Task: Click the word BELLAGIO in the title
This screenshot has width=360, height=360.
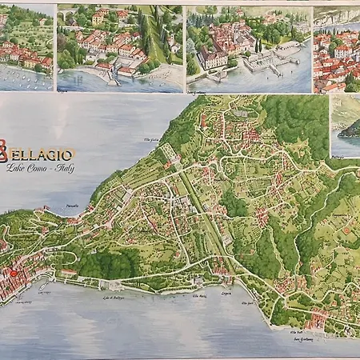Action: tap(48, 154)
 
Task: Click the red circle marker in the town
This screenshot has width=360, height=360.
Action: tap(13, 274)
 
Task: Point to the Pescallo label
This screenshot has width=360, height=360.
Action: tap(73, 206)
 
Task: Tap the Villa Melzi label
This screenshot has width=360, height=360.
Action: tap(198, 296)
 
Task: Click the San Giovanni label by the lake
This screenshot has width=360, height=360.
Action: tap(302, 338)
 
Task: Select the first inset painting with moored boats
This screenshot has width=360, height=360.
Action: tap(26, 48)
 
